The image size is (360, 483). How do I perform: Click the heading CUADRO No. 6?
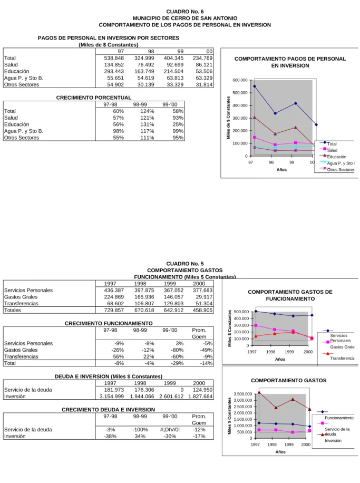click(185, 12)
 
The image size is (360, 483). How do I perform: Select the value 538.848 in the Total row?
click(114, 58)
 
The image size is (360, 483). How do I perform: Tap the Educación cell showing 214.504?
click(174, 71)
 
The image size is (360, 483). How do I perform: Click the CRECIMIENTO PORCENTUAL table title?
click(94, 98)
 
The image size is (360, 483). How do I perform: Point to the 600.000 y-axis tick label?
click(240, 80)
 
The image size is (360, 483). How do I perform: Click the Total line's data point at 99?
click(296, 103)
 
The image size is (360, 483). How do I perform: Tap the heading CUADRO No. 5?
click(185, 264)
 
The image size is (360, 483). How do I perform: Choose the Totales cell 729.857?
click(114, 310)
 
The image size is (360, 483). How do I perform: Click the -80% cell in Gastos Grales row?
click(177, 350)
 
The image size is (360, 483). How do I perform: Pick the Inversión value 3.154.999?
click(112, 397)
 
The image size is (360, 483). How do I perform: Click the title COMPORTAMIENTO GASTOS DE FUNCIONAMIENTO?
click(290, 295)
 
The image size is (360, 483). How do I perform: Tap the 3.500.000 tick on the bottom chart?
click(243, 394)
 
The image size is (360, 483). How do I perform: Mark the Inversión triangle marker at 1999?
click(293, 399)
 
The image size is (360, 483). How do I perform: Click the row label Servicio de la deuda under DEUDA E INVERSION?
click(28, 390)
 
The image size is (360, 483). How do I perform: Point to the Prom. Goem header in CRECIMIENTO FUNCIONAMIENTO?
click(199, 333)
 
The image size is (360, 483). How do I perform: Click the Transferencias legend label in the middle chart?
click(342, 358)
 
